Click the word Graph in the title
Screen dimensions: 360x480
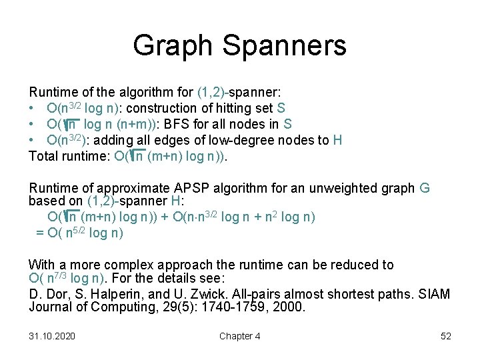tap(173, 46)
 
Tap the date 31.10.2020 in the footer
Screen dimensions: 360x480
tap(52, 336)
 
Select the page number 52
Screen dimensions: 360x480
tap(446, 336)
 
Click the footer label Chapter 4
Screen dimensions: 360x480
tap(240, 336)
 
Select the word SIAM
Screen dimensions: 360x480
tap(434, 294)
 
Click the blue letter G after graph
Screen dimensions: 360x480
tap(425, 188)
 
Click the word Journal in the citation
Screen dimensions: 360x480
tap(51, 307)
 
